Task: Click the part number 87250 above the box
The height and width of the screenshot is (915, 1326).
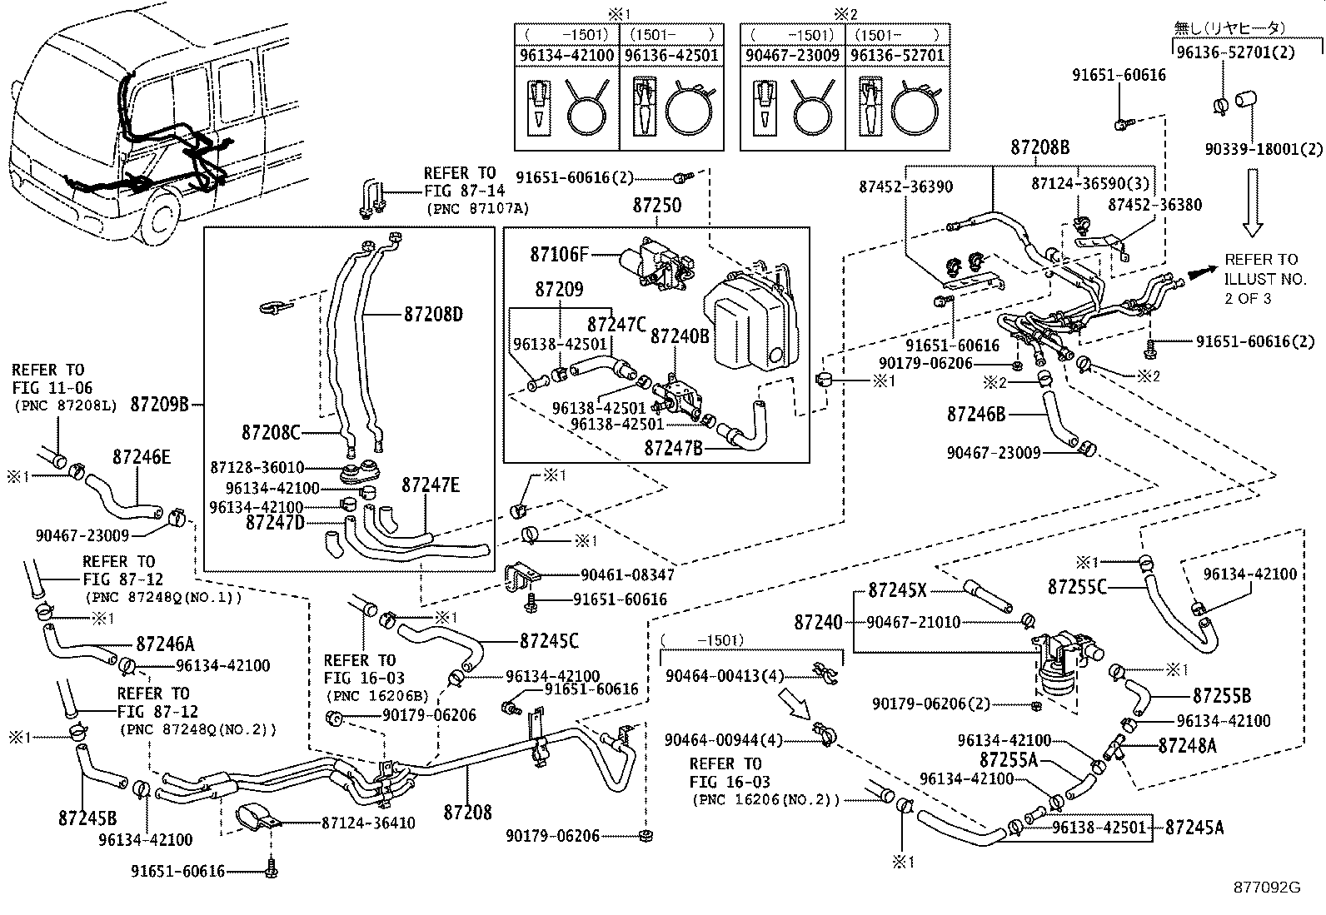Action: [x=656, y=206]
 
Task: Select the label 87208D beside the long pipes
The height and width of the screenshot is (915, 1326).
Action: [x=432, y=315]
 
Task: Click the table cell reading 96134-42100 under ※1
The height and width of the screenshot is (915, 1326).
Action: [x=566, y=56]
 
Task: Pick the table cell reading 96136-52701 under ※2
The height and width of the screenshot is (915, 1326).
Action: [x=896, y=56]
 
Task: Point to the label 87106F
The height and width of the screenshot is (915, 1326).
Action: [x=559, y=254]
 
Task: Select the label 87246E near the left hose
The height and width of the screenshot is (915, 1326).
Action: [x=141, y=456]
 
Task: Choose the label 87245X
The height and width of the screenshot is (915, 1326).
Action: [x=897, y=589]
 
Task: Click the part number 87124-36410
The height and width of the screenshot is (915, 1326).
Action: [x=368, y=823]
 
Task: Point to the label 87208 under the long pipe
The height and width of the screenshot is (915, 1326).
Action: [x=466, y=812]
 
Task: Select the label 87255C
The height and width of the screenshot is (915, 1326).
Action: [x=1077, y=586]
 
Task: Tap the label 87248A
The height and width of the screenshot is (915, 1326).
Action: [x=1187, y=745]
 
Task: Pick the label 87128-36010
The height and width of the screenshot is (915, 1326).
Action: [x=257, y=468]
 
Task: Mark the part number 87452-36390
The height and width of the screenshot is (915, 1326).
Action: [x=905, y=187]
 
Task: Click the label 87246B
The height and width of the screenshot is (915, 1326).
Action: [x=975, y=414]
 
